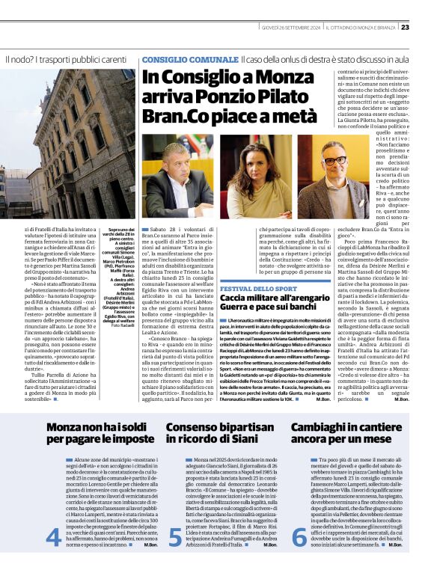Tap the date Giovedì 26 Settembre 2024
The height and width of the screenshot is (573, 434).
(x=292, y=28)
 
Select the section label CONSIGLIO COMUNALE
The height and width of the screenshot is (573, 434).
(x=189, y=58)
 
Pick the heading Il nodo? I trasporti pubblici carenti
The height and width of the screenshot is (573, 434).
(x=66, y=59)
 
